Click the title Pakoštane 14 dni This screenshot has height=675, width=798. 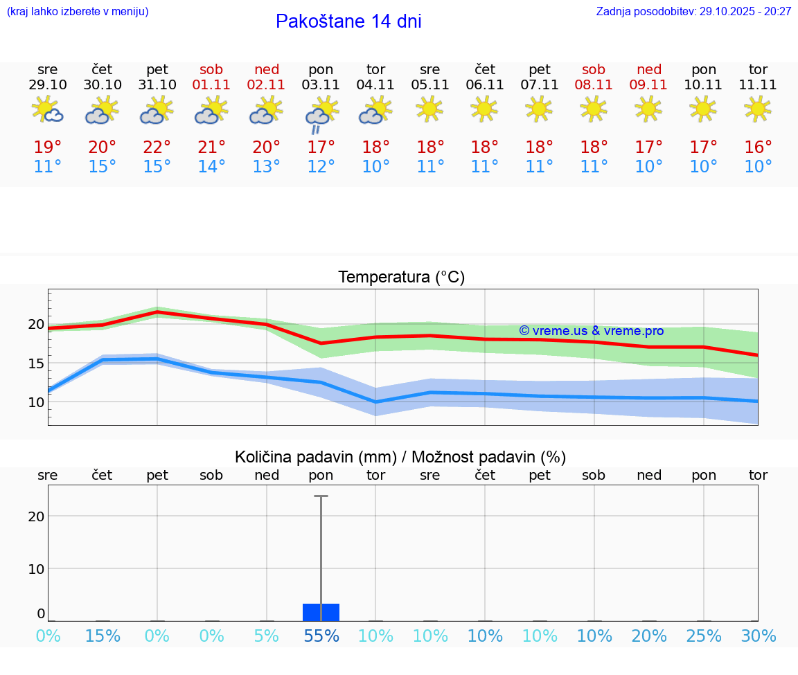click(348, 21)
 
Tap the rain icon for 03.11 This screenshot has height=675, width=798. click(321, 115)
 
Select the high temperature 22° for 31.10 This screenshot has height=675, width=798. click(157, 147)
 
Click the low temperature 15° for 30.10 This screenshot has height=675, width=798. click(103, 167)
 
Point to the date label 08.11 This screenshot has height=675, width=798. click(594, 84)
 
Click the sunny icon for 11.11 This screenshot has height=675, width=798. click(758, 109)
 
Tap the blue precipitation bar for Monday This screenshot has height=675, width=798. click(321, 612)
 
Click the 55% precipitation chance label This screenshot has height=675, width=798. click(321, 636)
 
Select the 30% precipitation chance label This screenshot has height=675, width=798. click(758, 636)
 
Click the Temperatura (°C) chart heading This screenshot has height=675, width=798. click(401, 278)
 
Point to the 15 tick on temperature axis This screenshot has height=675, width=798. click(36, 363)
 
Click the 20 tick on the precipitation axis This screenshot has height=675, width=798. click(36, 516)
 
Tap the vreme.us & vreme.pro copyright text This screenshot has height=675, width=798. click(591, 331)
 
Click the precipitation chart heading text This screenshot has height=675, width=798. click(400, 457)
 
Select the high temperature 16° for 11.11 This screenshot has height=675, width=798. click(758, 147)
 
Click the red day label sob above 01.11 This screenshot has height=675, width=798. click(211, 69)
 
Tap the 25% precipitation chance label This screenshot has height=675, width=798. click(704, 636)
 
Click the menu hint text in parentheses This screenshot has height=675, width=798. click(78, 11)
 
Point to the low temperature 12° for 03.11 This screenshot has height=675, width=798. click(321, 167)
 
